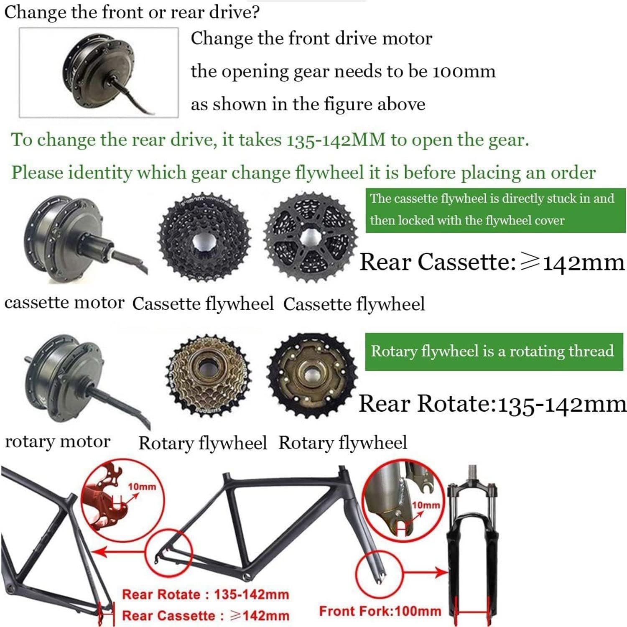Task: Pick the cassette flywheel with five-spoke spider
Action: tap(311, 237)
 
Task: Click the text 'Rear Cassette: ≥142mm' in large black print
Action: tap(492, 263)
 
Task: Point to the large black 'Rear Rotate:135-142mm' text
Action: tap(492, 404)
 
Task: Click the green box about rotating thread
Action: tap(494, 352)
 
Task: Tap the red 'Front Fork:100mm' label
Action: tap(380, 611)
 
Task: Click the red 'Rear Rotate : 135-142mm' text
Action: tap(205, 594)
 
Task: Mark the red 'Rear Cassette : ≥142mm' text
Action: tap(205, 615)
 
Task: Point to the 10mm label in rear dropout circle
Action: tap(142, 487)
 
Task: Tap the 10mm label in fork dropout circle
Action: tap(426, 505)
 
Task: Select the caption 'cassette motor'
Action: tap(64, 302)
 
